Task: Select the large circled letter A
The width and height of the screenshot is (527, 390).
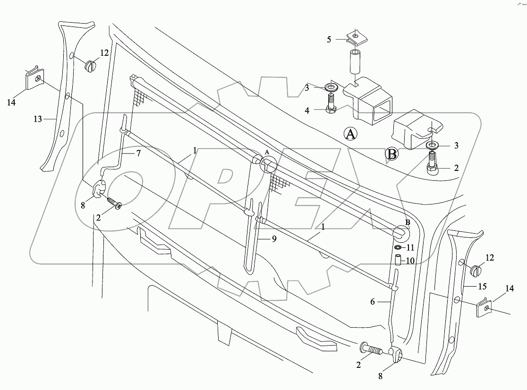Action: [x=350, y=135]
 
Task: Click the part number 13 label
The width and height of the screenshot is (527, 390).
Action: [x=38, y=119]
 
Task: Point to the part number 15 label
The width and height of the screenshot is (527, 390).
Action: [x=482, y=287]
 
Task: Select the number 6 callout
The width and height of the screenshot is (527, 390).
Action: [x=373, y=301]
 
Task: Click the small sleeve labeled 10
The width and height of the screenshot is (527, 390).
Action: [x=398, y=260]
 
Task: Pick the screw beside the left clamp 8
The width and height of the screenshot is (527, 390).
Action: [x=115, y=204]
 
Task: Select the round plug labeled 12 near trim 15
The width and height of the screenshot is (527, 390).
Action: [x=475, y=271]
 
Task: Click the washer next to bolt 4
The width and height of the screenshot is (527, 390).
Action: [x=331, y=87]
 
